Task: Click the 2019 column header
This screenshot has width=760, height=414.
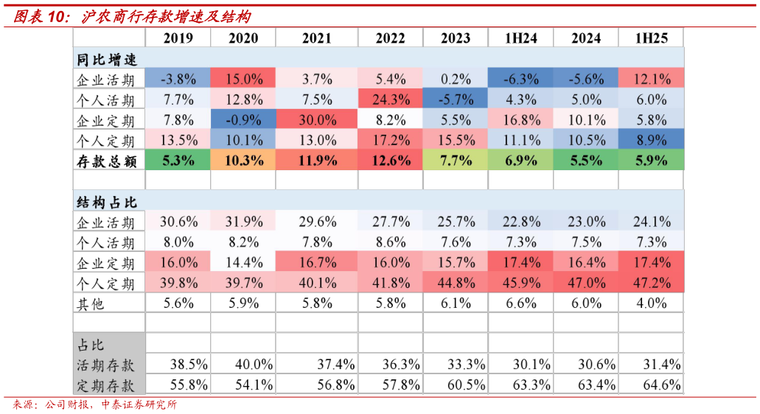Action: click(x=178, y=38)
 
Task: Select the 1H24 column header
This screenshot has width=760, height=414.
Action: click(x=520, y=38)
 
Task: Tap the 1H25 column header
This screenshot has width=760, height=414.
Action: click(x=651, y=38)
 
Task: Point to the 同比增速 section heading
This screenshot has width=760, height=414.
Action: click(x=107, y=60)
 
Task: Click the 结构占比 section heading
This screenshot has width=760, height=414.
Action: click(x=107, y=202)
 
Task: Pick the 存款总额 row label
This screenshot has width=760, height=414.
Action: click(x=107, y=161)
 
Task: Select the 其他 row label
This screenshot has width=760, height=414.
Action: click(x=91, y=304)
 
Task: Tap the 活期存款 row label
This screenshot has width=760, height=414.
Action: click(x=105, y=365)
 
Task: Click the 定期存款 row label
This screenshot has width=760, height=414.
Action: click(x=105, y=386)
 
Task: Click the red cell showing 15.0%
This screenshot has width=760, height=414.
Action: click(x=243, y=78)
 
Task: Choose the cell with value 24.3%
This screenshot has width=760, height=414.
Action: click(x=391, y=99)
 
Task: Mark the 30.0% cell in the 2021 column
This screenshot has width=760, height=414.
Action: click(x=317, y=119)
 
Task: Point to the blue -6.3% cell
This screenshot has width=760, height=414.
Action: click(x=520, y=78)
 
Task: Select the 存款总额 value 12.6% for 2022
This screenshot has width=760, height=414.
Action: click(x=391, y=161)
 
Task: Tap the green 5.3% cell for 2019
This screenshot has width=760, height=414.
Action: click(x=178, y=161)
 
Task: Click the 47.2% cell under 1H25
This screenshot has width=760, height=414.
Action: click(x=652, y=282)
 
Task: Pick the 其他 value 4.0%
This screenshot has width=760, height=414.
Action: click(x=652, y=303)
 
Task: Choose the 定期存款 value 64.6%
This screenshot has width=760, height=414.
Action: click(x=662, y=385)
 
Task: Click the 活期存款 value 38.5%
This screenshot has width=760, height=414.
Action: click(x=189, y=364)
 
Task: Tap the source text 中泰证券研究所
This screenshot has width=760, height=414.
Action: click(x=139, y=404)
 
